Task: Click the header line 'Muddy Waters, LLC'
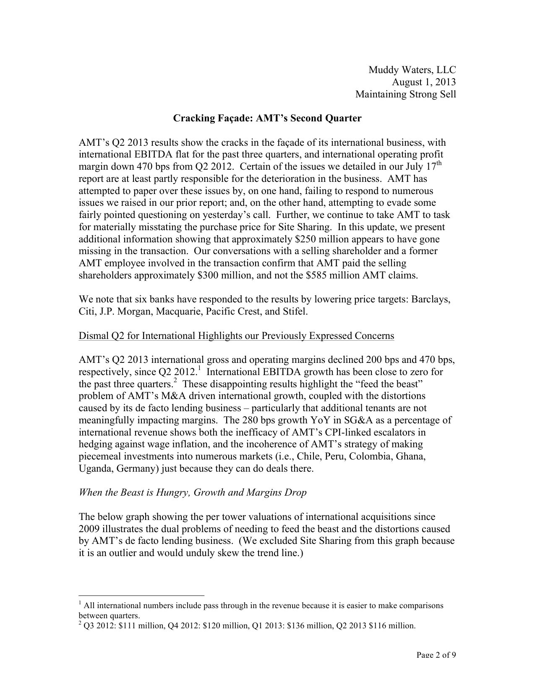tap(412, 70)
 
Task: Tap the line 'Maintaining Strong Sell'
tap(405, 94)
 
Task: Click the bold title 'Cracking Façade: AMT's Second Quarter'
tap(267, 118)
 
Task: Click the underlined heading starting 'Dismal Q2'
tap(236, 336)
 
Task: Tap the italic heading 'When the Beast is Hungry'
tap(193, 493)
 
